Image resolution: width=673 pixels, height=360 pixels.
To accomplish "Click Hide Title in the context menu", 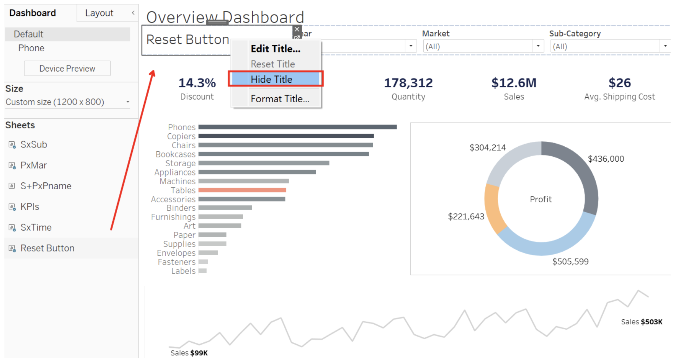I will point(271,79).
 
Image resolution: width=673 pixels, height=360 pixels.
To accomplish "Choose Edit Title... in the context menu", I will point(275,49).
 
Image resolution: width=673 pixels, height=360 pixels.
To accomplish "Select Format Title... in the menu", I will point(280,99).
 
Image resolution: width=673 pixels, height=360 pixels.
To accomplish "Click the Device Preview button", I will point(67,69).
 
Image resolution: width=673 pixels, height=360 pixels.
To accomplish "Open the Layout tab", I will point(99,13).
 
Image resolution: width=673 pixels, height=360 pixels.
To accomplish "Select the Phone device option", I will point(31,48).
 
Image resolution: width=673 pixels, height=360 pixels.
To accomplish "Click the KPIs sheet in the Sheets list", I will point(30,207).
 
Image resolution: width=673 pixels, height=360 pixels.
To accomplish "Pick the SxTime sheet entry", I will point(36,227).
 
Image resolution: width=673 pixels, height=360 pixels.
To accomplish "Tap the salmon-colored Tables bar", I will point(242,190).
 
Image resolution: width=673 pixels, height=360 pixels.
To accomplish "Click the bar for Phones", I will point(297,127).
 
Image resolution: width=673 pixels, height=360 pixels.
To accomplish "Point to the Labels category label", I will point(183,271).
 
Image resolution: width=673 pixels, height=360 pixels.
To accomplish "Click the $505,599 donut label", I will point(570,262).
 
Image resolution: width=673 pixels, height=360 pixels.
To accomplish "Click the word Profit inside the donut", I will point(541,199).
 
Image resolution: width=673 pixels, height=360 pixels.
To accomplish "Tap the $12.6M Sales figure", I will point(514,83).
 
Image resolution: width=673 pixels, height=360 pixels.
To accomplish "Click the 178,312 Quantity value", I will point(408,83).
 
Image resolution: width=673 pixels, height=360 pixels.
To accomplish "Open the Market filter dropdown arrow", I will point(538,46).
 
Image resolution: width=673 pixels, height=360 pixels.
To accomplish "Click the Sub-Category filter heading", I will point(575,34).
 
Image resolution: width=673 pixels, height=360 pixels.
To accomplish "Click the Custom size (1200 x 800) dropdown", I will point(67,102).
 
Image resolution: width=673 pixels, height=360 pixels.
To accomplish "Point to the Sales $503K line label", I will point(642,322).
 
